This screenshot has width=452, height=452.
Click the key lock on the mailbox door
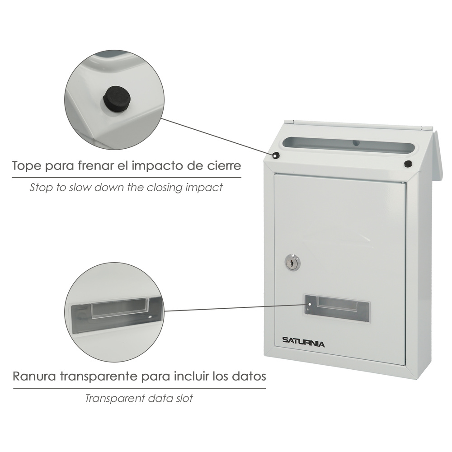(292, 263)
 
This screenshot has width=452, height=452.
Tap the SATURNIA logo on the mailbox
(303, 342)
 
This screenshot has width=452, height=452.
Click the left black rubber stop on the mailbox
(276, 155)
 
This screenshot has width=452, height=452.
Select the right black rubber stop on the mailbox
(408, 164)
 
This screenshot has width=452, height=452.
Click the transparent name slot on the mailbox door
(337, 308)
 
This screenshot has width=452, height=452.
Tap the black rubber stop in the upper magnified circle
(117, 99)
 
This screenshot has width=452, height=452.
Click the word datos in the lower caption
(249, 377)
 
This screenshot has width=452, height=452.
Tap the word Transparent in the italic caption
(114, 398)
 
